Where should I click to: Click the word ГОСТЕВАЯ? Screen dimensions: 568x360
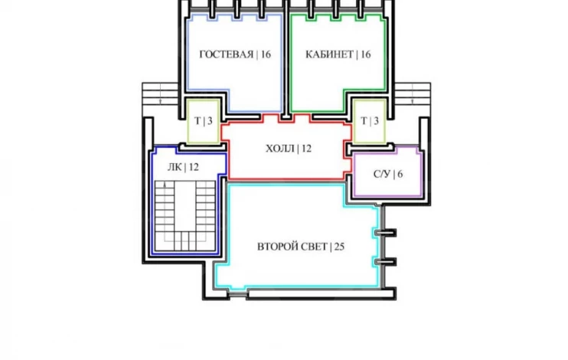click(x=227, y=54)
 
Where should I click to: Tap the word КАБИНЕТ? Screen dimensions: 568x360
click(x=329, y=54)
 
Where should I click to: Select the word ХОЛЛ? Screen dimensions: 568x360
click(x=280, y=149)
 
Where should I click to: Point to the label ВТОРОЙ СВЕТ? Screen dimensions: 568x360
click(x=292, y=247)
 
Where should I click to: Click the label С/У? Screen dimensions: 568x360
click(x=382, y=174)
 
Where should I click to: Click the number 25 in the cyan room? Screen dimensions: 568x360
click(x=339, y=247)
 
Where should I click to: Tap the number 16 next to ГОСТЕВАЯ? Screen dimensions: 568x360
click(x=266, y=54)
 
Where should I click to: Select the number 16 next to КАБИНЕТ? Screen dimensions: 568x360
click(x=365, y=54)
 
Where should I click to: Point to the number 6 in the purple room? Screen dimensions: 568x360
click(x=400, y=174)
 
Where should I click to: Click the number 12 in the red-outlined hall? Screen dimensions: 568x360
click(x=306, y=149)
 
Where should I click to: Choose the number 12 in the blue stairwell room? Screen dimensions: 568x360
click(x=194, y=167)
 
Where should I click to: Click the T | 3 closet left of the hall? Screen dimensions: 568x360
click(x=203, y=121)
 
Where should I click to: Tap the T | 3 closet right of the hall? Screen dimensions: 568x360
click(x=370, y=121)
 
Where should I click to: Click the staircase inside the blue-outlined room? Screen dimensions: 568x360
click(x=185, y=216)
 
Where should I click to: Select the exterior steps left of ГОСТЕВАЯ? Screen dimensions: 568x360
click(x=160, y=94)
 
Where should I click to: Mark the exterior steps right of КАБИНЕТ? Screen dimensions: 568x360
click(x=413, y=94)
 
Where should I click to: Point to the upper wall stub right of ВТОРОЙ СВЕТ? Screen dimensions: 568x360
click(x=385, y=232)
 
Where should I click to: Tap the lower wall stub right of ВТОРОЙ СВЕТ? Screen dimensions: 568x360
click(x=385, y=261)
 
